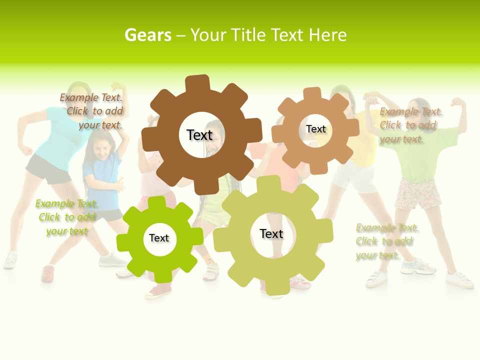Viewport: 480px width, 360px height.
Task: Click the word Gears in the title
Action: coord(148,35)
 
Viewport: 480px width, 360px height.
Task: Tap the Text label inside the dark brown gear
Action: coord(199,135)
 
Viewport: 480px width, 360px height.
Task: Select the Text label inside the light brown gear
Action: coord(315,129)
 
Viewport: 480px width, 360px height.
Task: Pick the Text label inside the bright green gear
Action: coord(159,238)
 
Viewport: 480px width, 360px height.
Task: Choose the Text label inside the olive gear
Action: coord(271,233)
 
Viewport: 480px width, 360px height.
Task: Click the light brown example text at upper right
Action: coord(410,125)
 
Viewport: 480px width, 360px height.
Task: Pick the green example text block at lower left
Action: coord(66,217)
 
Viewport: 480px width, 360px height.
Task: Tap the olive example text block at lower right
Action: coord(386,241)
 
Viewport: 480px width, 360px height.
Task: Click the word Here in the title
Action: coord(327,35)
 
